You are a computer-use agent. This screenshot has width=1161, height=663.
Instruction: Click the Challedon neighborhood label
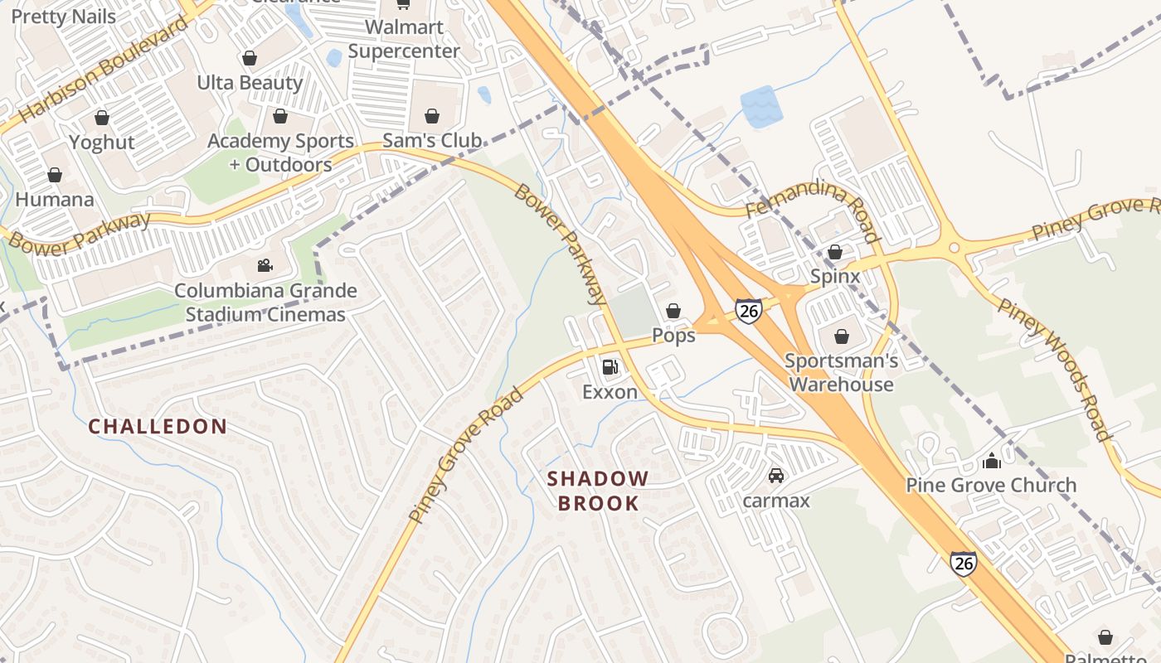tap(158, 427)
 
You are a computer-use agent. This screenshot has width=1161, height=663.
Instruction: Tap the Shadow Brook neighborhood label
tap(598, 491)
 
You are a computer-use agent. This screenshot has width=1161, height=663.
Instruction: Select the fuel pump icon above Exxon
tap(610, 366)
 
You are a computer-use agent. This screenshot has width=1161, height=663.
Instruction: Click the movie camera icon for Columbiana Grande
tap(265, 266)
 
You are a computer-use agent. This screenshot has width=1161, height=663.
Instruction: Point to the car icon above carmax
tap(776, 476)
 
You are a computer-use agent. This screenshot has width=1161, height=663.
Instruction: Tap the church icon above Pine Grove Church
tap(991, 461)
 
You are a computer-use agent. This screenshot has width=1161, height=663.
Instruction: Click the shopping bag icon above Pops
tap(673, 311)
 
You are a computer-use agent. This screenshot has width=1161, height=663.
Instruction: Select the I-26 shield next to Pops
tap(748, 311)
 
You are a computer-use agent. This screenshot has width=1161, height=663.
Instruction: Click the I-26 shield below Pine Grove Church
tap(963, 564)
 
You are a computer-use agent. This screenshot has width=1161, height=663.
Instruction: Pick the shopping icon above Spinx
tap(835, 252)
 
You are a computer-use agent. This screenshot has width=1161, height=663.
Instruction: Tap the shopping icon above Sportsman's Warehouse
tap(842, 336)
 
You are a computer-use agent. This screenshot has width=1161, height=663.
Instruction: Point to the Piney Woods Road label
tap(1053, 369)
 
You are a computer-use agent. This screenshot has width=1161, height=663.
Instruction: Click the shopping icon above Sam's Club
tap(432, 116)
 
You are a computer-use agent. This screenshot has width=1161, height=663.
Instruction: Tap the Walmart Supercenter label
tap(404, 39)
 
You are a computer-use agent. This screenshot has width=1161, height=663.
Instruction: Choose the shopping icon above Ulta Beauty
tap(249, 58)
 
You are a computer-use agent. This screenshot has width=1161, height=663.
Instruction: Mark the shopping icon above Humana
tap(55, 175)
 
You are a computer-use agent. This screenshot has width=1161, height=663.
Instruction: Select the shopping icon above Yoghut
tap(102, 118)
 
